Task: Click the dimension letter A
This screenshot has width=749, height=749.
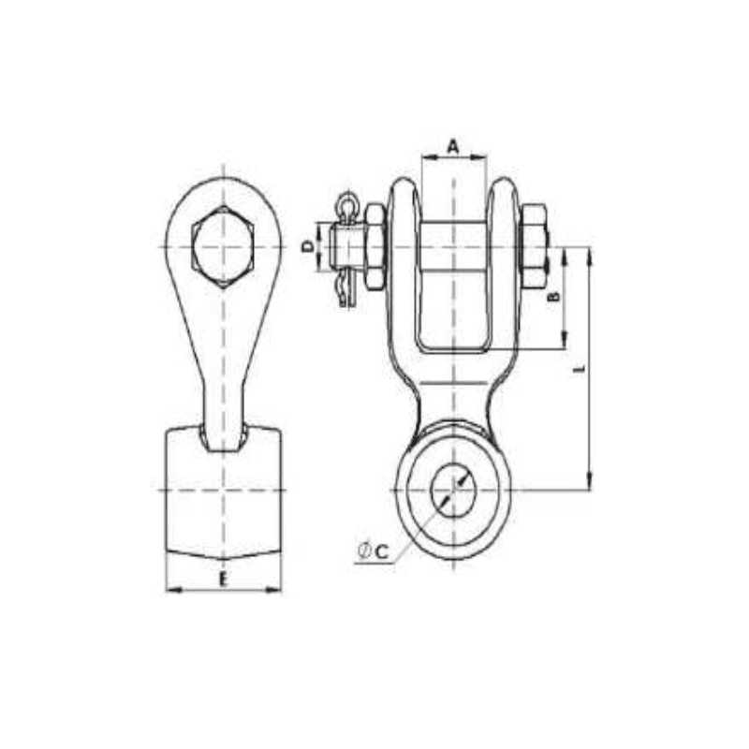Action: (x=453, y=145)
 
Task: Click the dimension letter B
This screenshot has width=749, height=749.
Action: (x=553, y=297)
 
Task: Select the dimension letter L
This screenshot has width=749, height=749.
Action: (x=580, y=371)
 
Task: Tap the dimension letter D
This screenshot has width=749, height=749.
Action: (x=306, y=246)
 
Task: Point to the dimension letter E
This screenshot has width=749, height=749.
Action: (x=223, y=580)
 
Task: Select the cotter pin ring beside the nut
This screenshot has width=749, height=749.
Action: (x=347, y=203)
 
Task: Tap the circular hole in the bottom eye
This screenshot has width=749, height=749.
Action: (x=453, y=490)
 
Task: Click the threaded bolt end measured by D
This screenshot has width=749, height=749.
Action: (x=343, y=246)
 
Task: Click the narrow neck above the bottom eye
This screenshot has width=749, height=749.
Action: (x=453, y=398)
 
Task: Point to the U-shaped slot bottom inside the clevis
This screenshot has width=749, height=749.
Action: (x=453, y=348)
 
